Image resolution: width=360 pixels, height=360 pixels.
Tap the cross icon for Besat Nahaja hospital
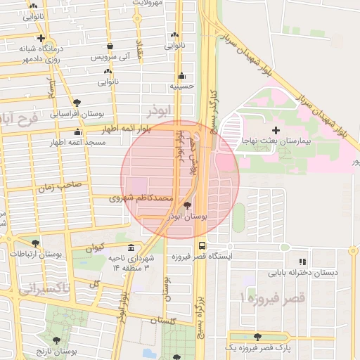pyautogui.click(x=276, y=130)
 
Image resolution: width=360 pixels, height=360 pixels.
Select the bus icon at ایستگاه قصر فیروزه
pyautogui.click(x=202, y=246)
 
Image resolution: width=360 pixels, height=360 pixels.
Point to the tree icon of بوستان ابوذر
pyautogui.click(x=187, y=206)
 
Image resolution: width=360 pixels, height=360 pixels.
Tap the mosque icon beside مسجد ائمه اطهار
pyautogui.click(x=77, y=132)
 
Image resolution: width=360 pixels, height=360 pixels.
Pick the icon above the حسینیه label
pyautogui.click(x=182, y=75)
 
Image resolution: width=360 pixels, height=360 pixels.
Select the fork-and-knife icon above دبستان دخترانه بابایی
pyautogui.click(x=303, y=261)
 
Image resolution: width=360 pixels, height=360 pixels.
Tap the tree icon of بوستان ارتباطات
pyautogui.click(x=35, y=243)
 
